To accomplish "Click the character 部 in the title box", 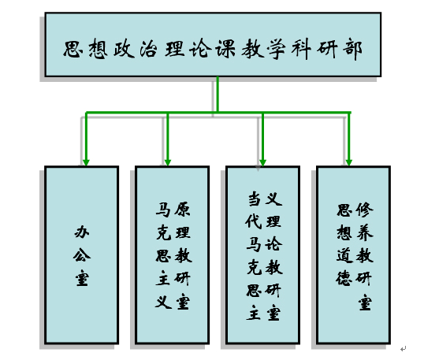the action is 352,50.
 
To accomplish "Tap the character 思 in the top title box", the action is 73,49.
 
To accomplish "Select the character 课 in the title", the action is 225,49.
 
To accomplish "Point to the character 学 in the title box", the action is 277,49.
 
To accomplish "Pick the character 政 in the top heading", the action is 124,49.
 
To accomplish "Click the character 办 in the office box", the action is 82,232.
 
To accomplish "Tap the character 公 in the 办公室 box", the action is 82,255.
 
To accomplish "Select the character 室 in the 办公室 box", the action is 82,278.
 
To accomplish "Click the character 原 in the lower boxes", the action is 183,209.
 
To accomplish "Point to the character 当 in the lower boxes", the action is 255,199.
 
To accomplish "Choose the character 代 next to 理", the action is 254,221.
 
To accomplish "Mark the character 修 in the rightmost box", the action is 364,210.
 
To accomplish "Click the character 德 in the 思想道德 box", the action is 344,278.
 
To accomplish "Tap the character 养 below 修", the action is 365,232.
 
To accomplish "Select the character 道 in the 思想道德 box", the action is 344,255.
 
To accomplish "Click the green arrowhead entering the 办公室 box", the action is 86,162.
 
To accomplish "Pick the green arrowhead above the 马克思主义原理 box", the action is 168,162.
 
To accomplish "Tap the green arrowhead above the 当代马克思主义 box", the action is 263,162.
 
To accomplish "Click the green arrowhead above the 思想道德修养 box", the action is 349,162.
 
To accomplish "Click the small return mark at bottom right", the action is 404,349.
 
